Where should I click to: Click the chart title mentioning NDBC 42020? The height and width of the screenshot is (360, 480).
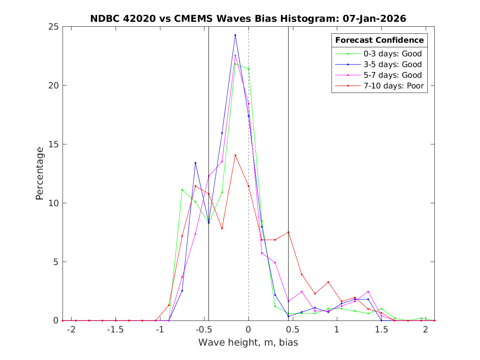pos(248,19)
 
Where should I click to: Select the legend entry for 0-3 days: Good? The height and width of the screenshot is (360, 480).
pos(392,53)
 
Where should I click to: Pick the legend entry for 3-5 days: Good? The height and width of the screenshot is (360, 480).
pos(392,64)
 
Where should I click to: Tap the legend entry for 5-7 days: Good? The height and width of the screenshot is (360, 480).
pos(392,75)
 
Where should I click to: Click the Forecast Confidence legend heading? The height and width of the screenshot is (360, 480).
pos(379,40)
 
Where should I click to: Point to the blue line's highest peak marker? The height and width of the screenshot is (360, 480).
pos(235,35)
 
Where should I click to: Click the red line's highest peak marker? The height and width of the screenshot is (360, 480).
pos(235,155)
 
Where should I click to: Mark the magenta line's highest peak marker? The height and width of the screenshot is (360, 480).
pos(235,56)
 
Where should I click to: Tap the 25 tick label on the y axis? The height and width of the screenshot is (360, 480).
pos(54,27)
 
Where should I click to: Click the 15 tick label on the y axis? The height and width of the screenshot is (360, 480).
pos(54,144)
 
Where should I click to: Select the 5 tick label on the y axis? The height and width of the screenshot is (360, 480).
pos(56,262)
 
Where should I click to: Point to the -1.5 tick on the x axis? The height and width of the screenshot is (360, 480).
pos(116,329)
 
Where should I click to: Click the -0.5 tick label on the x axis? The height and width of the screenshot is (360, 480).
pos(204,329)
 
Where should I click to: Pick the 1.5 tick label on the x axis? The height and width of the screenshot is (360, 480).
pos(381,329)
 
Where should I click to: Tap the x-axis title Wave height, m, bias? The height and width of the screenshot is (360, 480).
pos(248,342)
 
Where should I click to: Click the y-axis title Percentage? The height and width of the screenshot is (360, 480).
pos(39,173)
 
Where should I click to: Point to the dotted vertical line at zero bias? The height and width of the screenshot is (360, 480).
pos(248,123)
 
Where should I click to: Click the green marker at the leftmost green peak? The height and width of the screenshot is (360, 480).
pos(182,190)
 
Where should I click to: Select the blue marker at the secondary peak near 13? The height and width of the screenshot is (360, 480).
pos(195,163)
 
